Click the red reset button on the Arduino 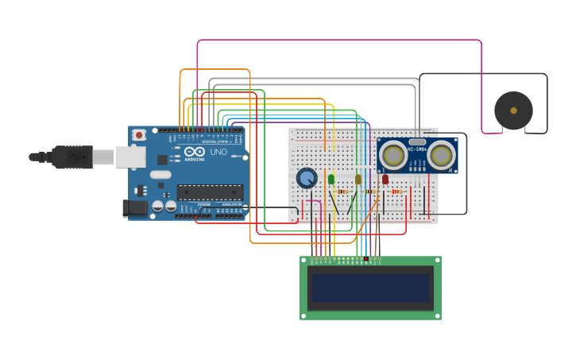[139, 135]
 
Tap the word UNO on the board [218, 152]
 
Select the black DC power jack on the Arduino [136, 208]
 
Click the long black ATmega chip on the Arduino [210, 192]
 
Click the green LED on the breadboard [331, 180]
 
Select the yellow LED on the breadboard [358, 180]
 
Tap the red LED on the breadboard [385, 180]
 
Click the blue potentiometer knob [307, 178]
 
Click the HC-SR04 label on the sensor [417, 149]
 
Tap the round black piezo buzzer [513, 110]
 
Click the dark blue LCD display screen [370, 288]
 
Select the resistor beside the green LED [343, 192]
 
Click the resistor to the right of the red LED [397, 192]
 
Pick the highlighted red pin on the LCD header [365, 258]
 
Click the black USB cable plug [72, 157]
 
